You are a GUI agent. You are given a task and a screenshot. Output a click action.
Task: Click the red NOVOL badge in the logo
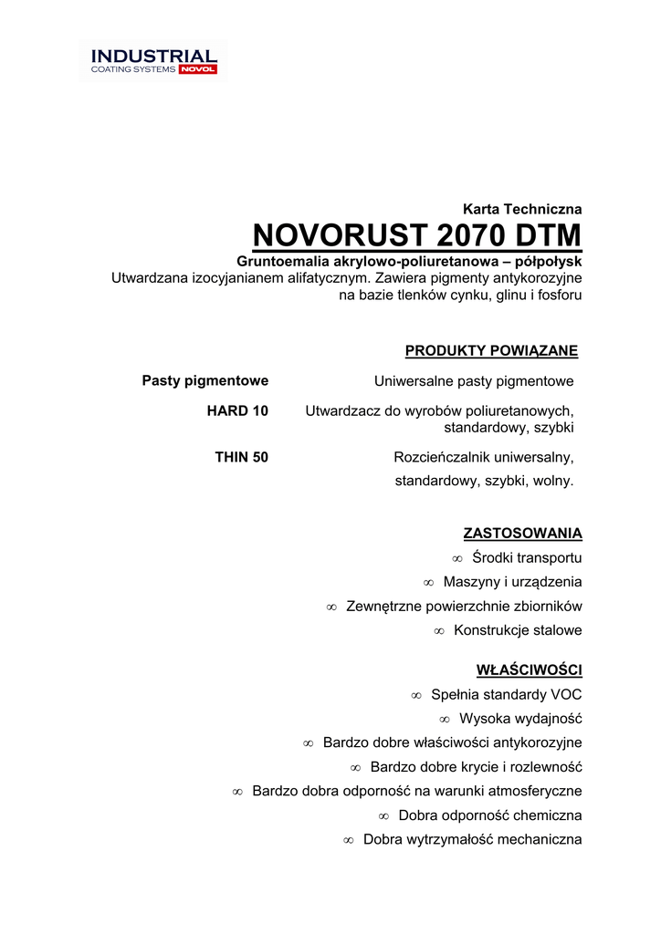[198, 69]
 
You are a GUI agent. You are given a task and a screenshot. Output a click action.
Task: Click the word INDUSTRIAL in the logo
[153, 56]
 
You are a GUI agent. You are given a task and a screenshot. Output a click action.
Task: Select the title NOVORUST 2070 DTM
[417, 236]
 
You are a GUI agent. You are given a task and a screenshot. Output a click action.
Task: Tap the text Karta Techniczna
[522, 209]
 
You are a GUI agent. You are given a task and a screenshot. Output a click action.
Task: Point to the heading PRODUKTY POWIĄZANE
[491, 351]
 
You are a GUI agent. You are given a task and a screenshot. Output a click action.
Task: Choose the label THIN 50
[241, 458]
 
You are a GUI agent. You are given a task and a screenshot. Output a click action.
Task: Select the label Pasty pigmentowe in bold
[205, 380]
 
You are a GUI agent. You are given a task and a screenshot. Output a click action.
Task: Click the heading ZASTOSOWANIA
[522, 534]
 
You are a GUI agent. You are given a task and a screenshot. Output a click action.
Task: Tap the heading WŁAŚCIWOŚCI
[529, 670]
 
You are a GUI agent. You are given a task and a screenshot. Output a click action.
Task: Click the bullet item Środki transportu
[527, 558]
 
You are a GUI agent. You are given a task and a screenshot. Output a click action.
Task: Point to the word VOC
[566, 695]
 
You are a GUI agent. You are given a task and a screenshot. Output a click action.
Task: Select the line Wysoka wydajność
[520, 719]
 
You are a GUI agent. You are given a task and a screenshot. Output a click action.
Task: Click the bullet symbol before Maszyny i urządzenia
[428, 583]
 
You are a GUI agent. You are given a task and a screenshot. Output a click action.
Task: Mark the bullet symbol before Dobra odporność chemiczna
[383, 815]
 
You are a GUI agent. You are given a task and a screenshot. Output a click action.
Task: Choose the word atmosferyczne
[529, 791]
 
